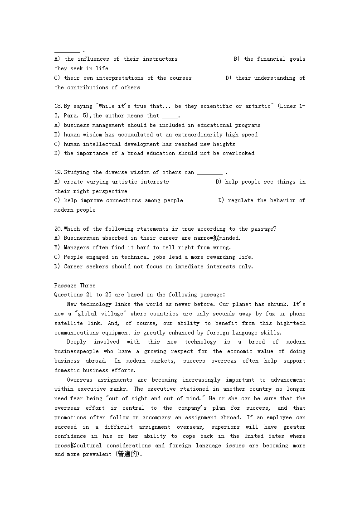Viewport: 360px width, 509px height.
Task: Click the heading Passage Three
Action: (75, 286)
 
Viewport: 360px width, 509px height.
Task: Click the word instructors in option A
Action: (160, 59)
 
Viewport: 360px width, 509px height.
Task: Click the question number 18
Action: (58, 106)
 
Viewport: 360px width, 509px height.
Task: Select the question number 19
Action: (58, 172)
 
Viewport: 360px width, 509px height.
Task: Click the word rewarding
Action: (221, 257)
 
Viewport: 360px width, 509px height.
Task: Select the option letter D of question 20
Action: (57, 267)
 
